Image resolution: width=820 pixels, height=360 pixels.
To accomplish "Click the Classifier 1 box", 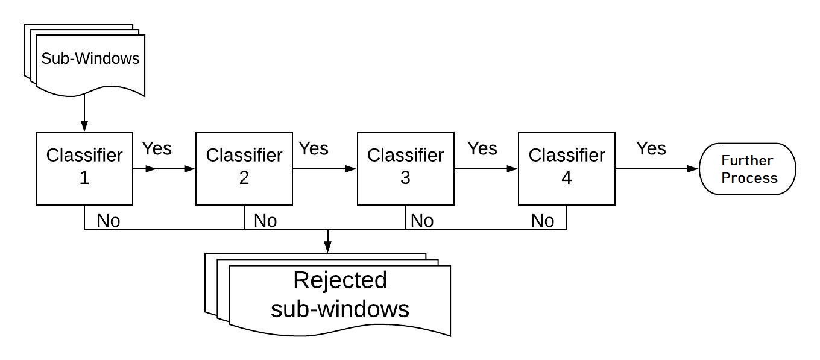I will point(84,168).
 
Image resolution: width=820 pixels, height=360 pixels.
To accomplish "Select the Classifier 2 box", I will point(244,168).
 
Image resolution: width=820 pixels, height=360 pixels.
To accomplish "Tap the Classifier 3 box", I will point(405,168).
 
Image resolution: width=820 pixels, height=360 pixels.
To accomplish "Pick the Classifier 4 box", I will point(566,168).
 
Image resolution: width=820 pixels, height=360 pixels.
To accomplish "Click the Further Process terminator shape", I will point(748,169).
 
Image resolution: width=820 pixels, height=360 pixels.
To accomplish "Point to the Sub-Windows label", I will point(90,58).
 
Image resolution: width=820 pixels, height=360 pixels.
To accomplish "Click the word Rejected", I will point(340,280).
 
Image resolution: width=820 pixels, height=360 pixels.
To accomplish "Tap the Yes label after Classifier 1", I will point(157,148).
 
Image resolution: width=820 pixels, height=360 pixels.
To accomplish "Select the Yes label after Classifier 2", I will point(314,148).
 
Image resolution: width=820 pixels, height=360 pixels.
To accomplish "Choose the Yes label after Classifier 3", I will point(482,148).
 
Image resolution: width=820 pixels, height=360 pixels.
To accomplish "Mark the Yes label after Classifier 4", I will point(651,148).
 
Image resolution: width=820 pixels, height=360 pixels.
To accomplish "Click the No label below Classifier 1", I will point(109,221).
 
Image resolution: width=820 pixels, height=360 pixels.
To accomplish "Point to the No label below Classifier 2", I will point(265,221).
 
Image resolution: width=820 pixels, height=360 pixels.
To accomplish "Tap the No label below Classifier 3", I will point(422,221).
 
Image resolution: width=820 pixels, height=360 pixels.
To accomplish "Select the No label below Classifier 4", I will point(543,221).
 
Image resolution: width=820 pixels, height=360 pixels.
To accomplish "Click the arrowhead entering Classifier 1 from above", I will point(84,126).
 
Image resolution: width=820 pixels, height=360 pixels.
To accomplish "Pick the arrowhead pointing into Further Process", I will point(693,169).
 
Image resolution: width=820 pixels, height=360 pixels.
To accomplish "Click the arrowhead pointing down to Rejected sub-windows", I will point(327,247).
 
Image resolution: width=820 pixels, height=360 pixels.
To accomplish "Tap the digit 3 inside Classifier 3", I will point(405,178).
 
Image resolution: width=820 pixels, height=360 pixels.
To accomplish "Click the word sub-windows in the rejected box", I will point(340,309).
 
